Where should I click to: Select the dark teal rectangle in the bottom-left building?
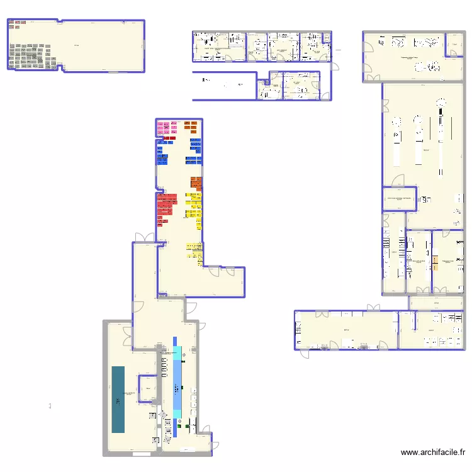tap(118, 399)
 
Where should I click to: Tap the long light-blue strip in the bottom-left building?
tap(177, 385)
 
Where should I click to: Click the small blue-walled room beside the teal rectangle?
tap(148, 389)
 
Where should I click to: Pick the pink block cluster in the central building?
tap(167, 128)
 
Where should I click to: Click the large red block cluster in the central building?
tap(166, 206)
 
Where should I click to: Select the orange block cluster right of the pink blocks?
tap(191, 127)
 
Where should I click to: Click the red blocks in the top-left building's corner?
tap(17, 25)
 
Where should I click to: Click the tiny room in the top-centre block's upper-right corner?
tap(327, 38)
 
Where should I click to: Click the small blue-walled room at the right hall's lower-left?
tap(399, 198)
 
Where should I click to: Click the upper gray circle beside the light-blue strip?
tap(183, 355)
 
